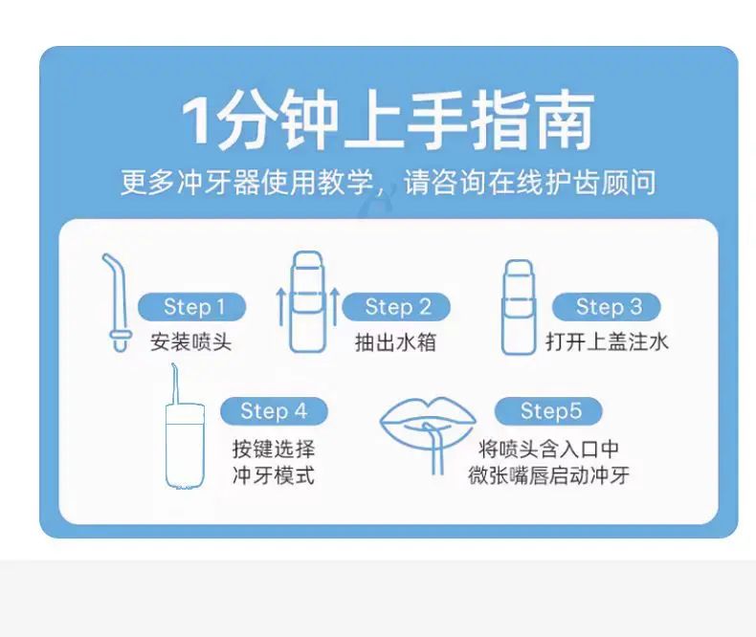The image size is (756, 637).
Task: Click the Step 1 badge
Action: [x=192, y=307]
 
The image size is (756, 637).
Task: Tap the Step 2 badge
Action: [x=396, y=307]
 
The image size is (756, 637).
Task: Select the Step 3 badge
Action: [x=607, y=307]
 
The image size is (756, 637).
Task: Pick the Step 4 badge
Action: [x=274, y=411]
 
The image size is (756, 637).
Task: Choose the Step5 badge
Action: [x=548, y=411]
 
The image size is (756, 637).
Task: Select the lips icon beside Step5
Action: [x=427, y=419]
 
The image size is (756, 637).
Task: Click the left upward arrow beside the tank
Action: [x=280, y=307]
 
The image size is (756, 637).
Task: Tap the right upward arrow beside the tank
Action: [x=335, y=307]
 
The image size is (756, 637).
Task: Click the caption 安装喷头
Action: [x=191, y=342]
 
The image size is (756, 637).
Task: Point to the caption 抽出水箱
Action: [x=396, y=342]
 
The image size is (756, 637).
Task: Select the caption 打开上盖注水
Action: [x=607, y=342]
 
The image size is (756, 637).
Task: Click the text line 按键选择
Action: [x=274, y=450]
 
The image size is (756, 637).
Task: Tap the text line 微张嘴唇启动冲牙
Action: [x=548, y=475]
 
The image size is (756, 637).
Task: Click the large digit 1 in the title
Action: [x=195, y=120]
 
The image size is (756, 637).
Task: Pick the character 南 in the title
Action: [x=565, y=121]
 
